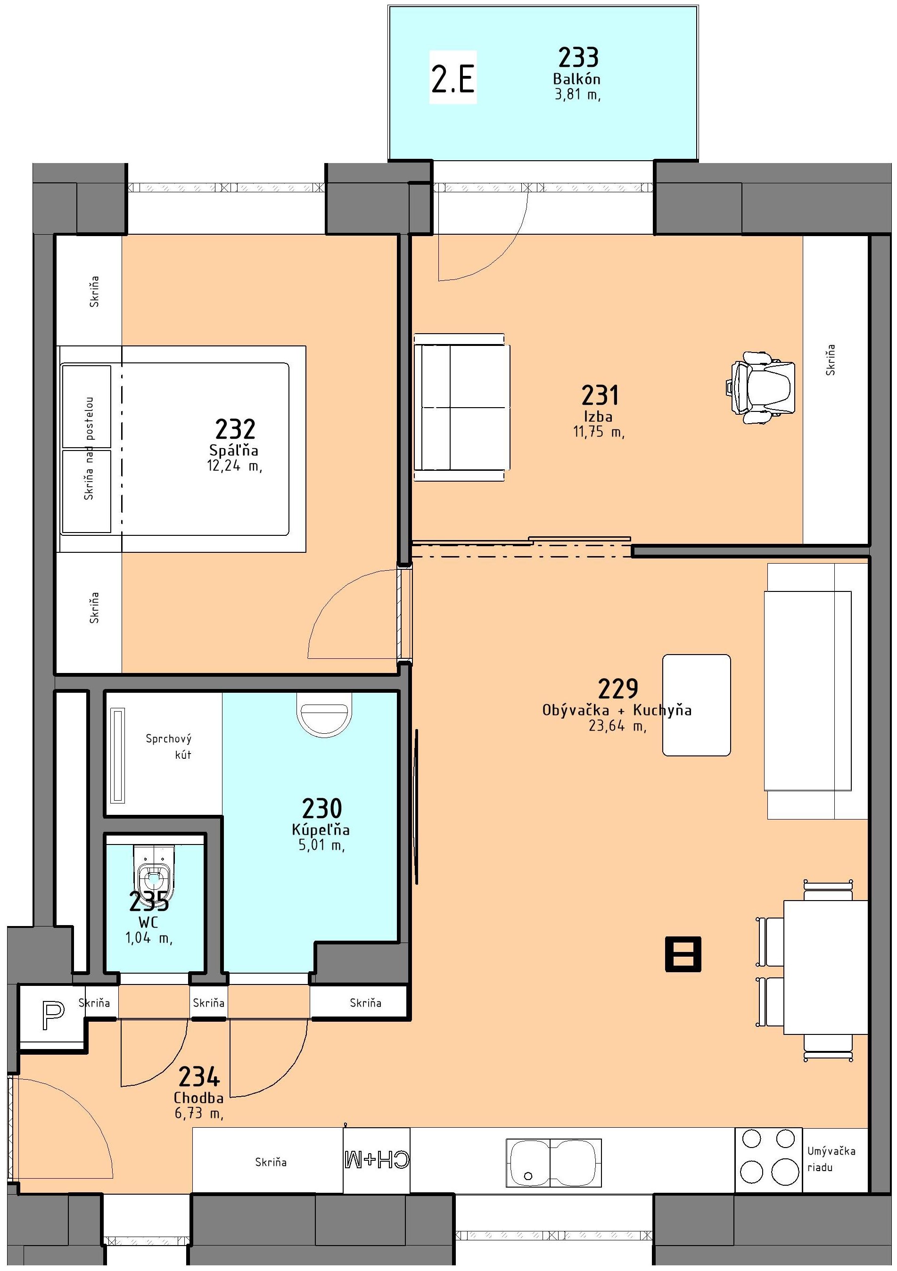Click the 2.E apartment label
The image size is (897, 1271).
pyautogui.click(x=453, y=78)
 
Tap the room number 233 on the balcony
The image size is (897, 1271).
pyautogui.click(x=578, y=57)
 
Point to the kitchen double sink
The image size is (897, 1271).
pyautogui.click(x=553, y=1163)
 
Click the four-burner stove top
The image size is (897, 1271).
pyautogui.click(x=768, y=1160)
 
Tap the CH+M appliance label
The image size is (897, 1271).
pyautogui.click(x=377, y=1160)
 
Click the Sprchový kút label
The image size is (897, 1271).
pyautogui.click(x=169, y=746)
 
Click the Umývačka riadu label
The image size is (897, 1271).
pyautogui.click(x=831, y=1159)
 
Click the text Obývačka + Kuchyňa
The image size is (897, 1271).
pyautogui.click(x=617, y=710)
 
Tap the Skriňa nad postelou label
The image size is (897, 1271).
pyautogui.click(x=89, y=448)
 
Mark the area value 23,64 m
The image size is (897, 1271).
pyautogui.click(x=617, y=726)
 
